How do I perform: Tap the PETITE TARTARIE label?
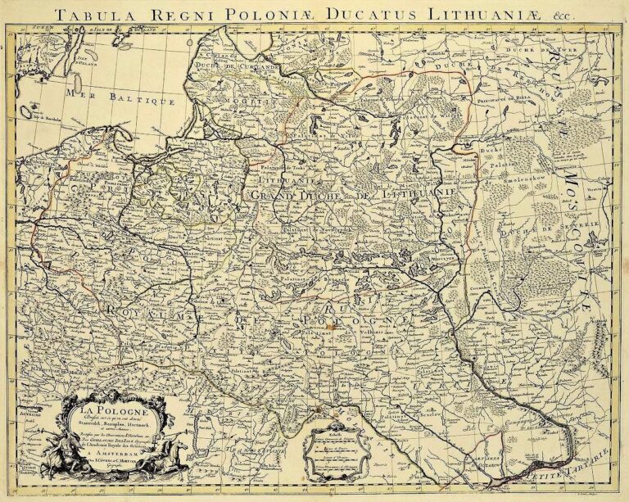pos(550,464)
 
